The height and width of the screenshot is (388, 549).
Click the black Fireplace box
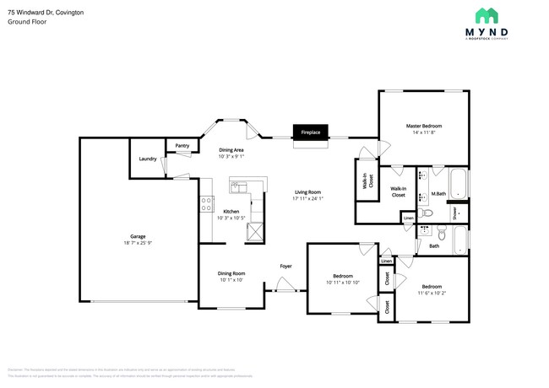[308, 132]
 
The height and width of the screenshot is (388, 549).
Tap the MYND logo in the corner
[492, 24]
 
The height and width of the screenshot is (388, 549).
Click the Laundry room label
[147, 159]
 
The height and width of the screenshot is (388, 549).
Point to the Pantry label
[182, 146]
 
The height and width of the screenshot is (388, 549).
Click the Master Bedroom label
[424, 126]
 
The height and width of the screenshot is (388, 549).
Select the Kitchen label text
[231, 211]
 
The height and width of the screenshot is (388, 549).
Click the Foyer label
[286, 266]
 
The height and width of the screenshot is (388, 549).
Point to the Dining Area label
[231, 149]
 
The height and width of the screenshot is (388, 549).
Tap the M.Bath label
[438, 195]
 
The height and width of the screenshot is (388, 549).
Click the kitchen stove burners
[205, 203]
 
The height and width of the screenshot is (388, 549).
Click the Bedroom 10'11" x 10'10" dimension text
[342, 282]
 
